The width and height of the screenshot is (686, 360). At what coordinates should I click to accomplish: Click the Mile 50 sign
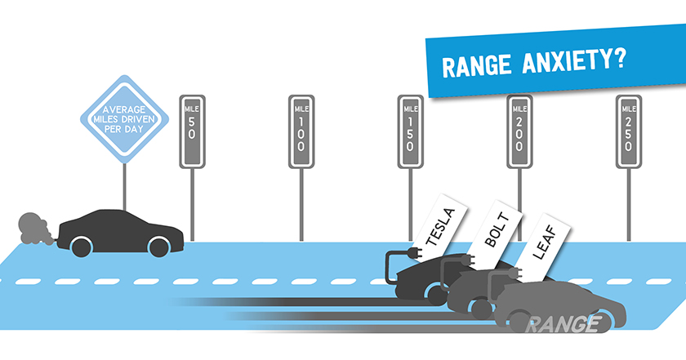pyautogui.click(x=192, y=131)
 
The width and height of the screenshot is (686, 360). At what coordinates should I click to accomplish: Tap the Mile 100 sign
pyautogui.click(x=301, y=131)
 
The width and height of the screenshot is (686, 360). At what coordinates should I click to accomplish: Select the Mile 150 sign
pyautogui.click(x=410, y=131)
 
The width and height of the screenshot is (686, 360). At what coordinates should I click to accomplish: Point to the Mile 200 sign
pyautogui.click(x=519, y=131)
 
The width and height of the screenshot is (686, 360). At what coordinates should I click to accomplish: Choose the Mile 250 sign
pyautogui.click(x=628, y=131)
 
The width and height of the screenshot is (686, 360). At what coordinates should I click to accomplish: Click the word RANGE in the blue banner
pyautogui.click(x=473, y=68)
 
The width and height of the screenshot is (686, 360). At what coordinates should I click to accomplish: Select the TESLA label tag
pyautogui.click(x=439, y=225)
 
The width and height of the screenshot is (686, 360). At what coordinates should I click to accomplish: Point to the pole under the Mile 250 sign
pyautogui.click(x=628, y=204)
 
